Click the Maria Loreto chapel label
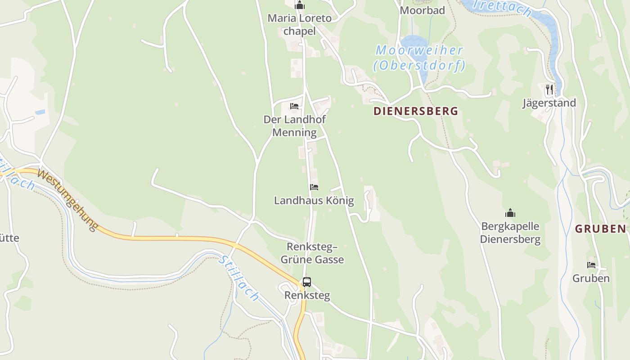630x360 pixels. (x=300, y=25)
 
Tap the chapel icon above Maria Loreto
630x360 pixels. (x=300, y=5)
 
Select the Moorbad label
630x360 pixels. (x=422, y=10)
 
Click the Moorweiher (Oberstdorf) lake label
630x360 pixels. (x=419, y=58)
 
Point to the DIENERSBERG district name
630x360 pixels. (x=416, y=111)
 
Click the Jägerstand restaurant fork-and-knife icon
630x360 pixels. (x=549, y=90)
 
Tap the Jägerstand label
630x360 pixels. (x=549, y=103)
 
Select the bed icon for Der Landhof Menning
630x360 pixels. (x=294, y=106)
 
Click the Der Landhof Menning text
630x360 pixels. (x=294, y=126)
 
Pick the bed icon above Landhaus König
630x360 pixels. (x=314, y=187)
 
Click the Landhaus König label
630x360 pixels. (x=314, y=201)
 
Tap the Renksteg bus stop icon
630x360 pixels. (x=307, y=282)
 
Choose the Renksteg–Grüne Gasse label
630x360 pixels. (x=312, y=253)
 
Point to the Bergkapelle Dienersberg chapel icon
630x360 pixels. (x=510, y=212)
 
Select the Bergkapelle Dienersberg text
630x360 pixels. (x=510, y=232)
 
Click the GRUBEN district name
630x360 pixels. (x=601, y=229)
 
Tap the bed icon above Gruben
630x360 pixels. (x=591, y=265)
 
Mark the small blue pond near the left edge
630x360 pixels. (x=40, y=112)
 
